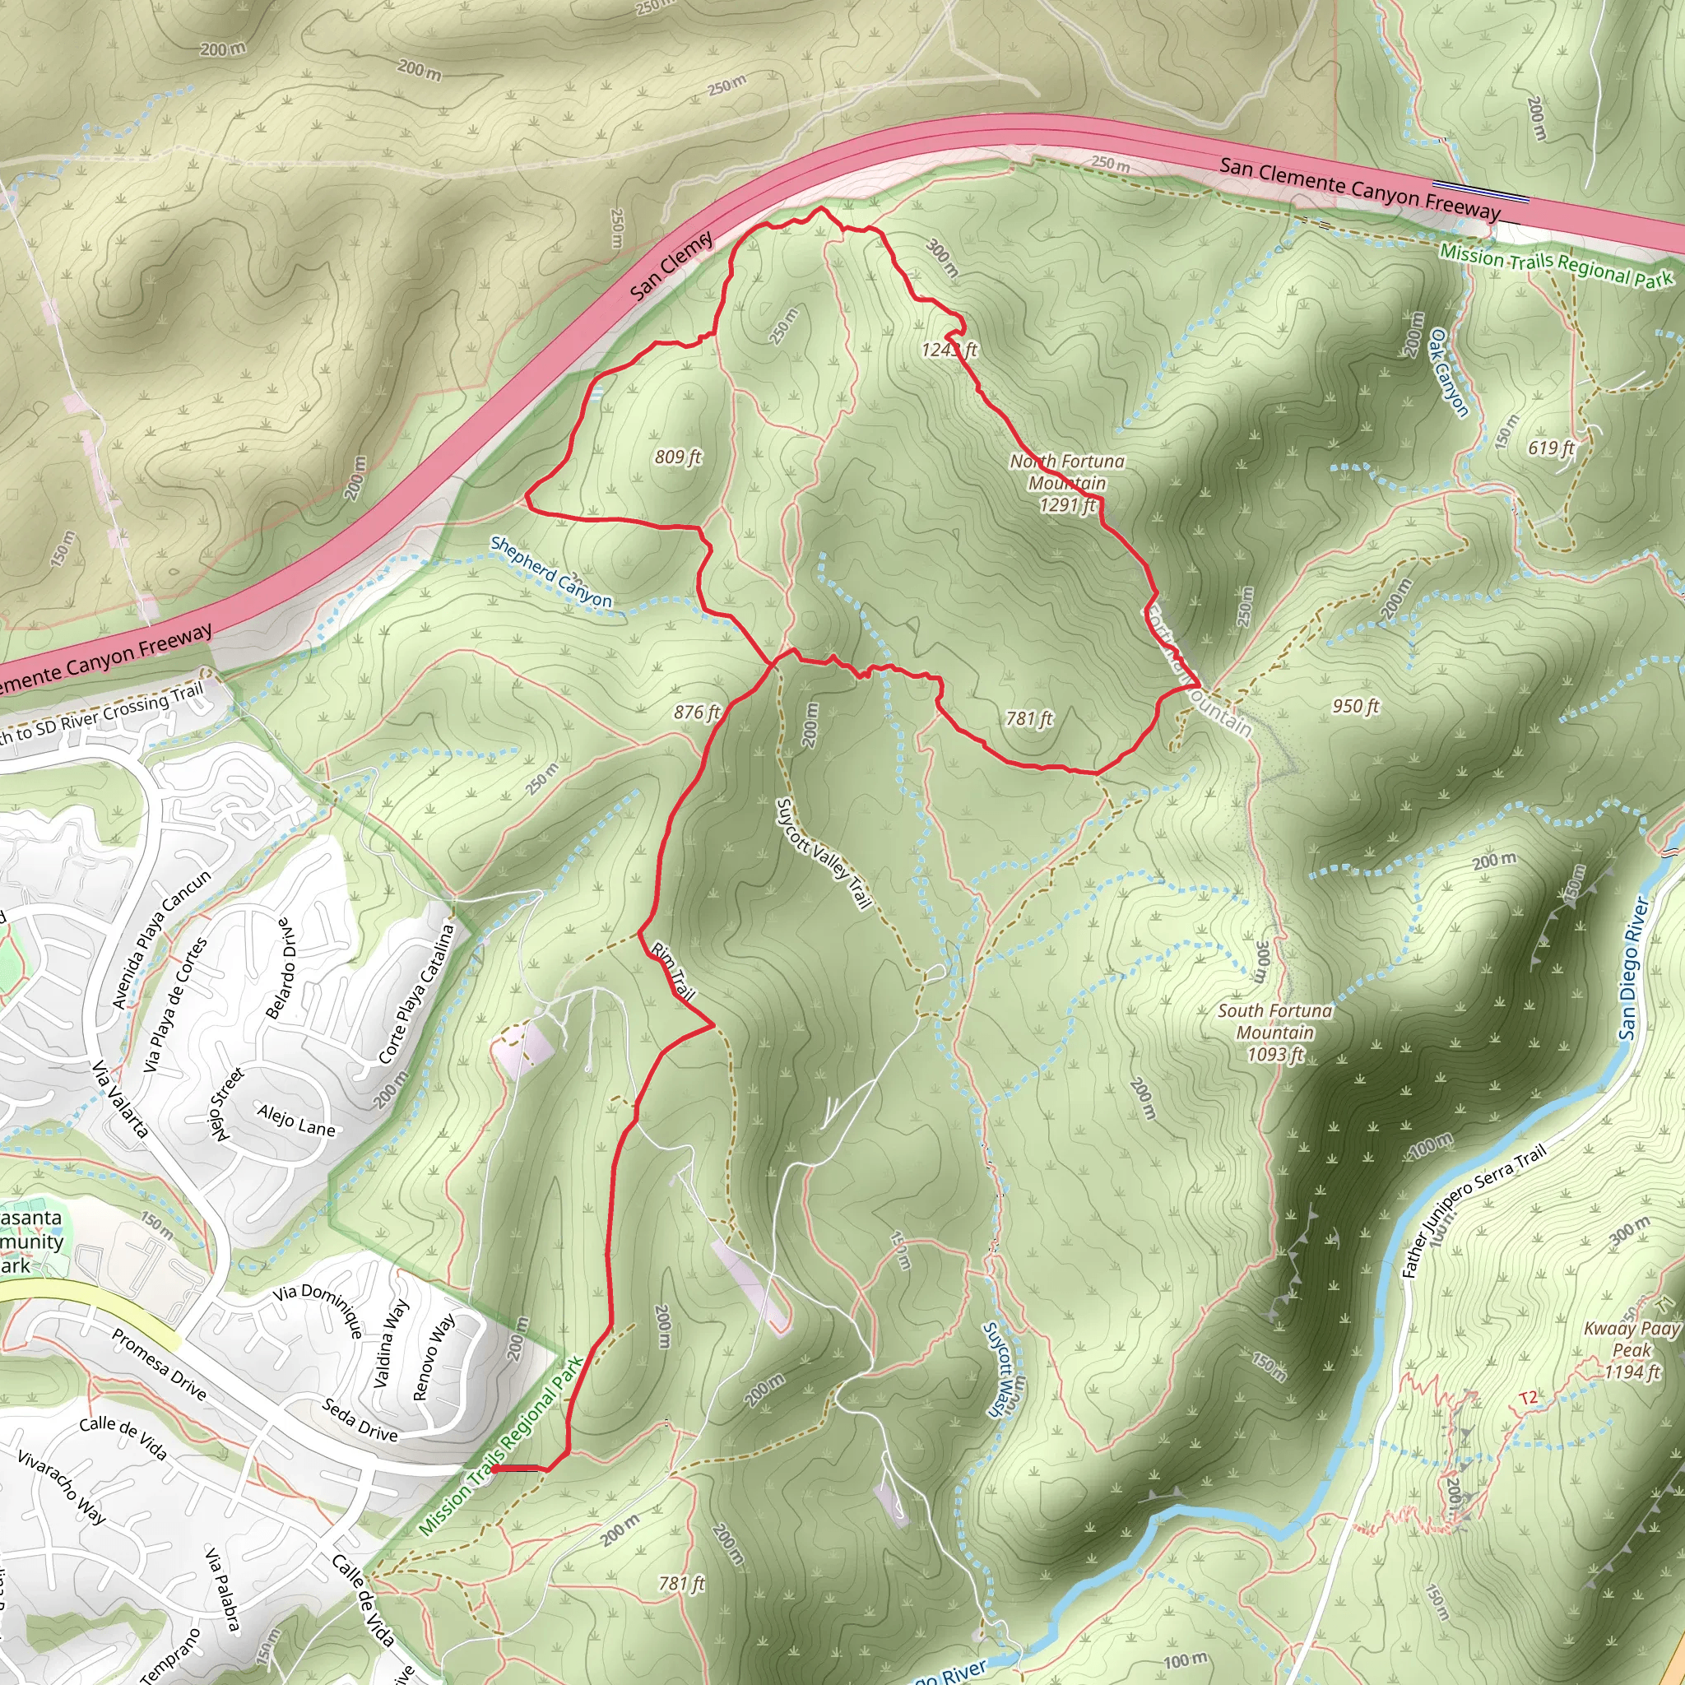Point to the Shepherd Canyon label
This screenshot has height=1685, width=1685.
coord(550,571)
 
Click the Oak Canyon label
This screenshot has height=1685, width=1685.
coord(1449,373)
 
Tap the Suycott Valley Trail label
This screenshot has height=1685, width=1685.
coord(824,854)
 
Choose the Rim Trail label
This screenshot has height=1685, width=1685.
coord(673,971)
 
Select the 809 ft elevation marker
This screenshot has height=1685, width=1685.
coord(678,457)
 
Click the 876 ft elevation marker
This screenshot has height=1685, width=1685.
coord(697,713)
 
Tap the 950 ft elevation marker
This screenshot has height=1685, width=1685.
coord(1355,706)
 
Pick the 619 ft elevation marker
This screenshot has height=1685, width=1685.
coord(1551,448)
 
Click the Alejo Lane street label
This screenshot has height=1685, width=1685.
coord(295,1120)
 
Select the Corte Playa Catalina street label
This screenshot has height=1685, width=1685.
coord(417,993)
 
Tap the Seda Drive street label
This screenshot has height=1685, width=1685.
coord(360,1419)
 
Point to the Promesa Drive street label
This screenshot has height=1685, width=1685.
coord(159,1364)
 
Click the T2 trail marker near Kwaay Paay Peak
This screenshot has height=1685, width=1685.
coord(1529,1398)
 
